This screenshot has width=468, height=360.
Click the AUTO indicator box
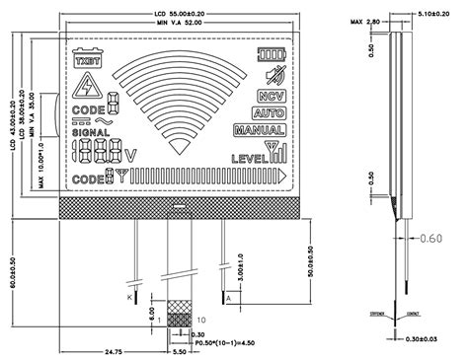[x=268, y=113]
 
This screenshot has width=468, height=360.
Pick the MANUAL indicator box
[x=260, y=130]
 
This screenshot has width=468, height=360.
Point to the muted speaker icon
[x=270, y=76]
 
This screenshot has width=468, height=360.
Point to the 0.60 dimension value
[x=430, y=239]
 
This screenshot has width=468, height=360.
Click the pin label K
[x=129, y=296]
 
